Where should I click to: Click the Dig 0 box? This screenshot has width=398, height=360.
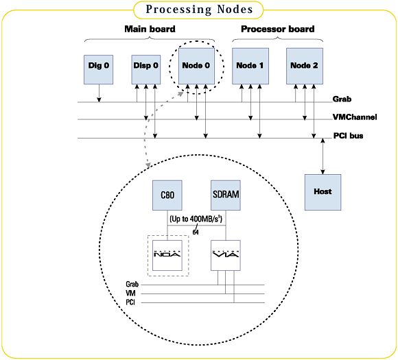pos(99,69)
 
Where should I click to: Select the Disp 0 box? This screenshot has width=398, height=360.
pos(146,69)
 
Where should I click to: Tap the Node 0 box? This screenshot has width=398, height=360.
pos(196,66)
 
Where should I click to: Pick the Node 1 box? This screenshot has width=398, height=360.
pos(250,66)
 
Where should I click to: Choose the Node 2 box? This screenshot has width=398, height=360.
pos(305,66)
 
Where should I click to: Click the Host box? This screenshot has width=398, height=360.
pos(323,192)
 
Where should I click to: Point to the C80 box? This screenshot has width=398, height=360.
pos(167,195)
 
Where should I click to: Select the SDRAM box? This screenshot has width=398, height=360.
pos(226,195)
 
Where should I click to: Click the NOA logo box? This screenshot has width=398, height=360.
pos(167,255)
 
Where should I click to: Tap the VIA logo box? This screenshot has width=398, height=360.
pos(226,255)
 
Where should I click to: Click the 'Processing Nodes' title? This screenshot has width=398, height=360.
pos(199,10)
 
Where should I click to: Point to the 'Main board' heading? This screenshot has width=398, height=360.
pos(150,29)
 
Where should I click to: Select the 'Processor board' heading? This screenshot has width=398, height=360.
pos(278,29)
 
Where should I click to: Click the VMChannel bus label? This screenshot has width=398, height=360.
pos(355,117)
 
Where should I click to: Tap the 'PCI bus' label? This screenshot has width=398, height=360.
pos(348,136)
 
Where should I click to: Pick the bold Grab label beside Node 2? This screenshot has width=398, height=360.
pos(342,99)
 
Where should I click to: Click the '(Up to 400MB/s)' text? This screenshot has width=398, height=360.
pos(196,219)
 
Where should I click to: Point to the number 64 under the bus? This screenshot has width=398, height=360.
pos(196,232)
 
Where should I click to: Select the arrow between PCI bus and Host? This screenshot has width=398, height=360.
pos(323,156)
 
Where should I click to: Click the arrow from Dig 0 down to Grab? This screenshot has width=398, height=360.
pos(99,93)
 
